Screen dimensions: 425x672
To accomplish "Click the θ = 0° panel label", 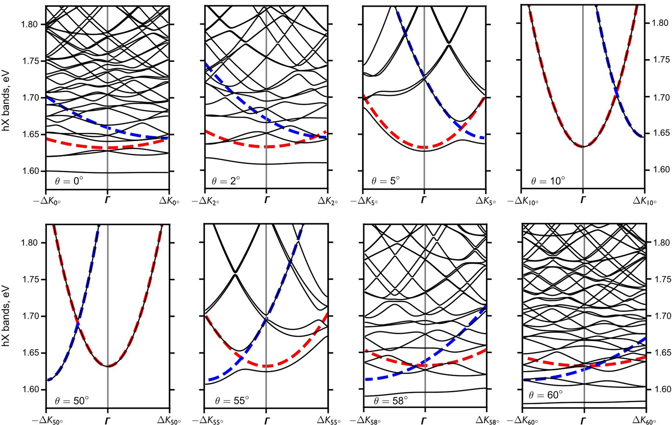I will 69,181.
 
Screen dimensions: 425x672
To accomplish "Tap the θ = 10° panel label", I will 548,181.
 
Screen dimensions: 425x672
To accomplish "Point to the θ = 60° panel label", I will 546,395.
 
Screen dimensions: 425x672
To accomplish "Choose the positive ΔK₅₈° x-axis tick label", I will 487,420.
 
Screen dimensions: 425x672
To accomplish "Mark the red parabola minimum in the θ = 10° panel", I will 583,146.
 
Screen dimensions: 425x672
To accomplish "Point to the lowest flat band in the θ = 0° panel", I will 107,173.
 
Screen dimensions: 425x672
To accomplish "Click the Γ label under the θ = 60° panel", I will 584,420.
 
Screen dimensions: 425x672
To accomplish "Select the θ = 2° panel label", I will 226,181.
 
